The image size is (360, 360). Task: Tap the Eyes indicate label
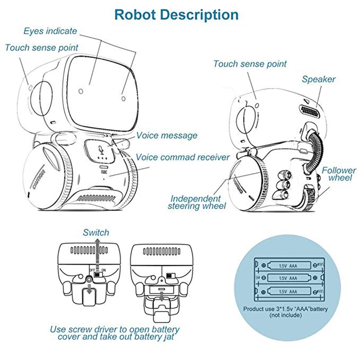click(50, 31)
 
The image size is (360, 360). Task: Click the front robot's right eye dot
click(123, 94)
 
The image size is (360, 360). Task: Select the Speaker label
click(319, 80)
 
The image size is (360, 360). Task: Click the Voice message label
click(166, 135)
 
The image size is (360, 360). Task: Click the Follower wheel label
click(338, 175)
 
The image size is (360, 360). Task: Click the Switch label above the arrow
click(96, 233)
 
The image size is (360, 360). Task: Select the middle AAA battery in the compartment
click(288, 278)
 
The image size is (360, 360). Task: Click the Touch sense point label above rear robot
click(250, 64)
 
